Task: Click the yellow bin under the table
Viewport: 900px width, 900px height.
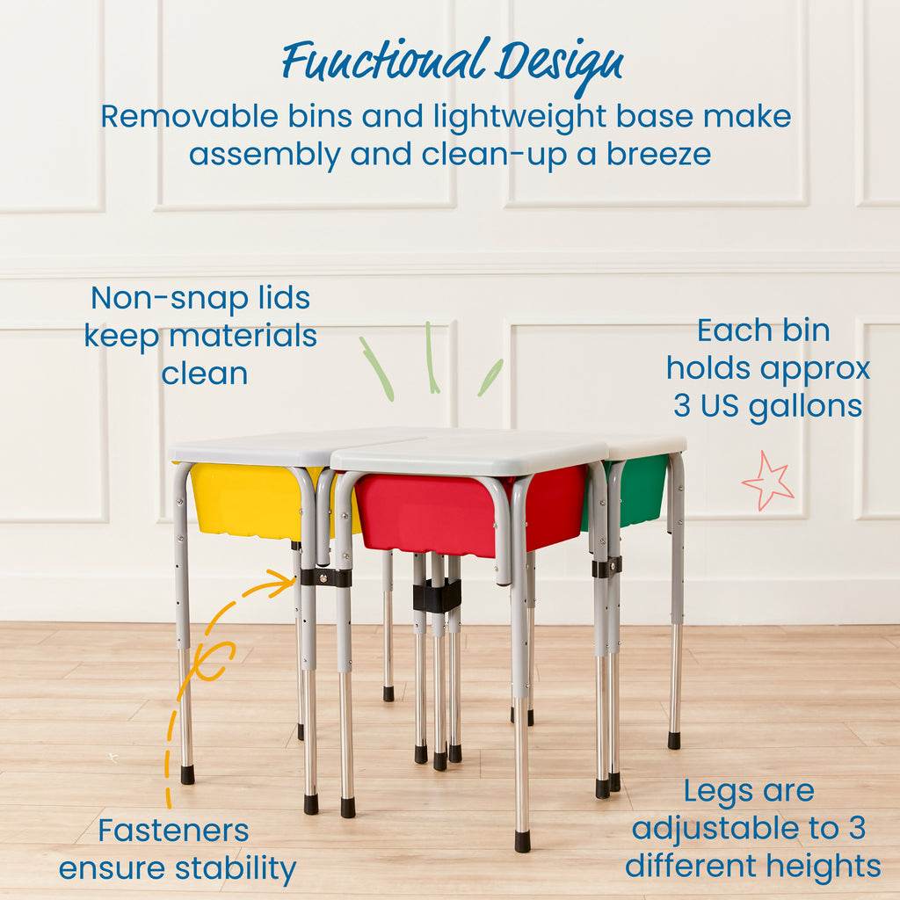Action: [246, 501]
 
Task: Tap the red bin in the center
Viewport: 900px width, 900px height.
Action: [431, 514]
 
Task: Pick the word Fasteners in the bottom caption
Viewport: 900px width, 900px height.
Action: [173, 830]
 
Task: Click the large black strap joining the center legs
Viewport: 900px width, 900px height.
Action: [437, 597]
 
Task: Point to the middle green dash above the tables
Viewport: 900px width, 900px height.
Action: [431, 358]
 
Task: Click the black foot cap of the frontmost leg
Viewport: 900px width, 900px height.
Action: [522, 841]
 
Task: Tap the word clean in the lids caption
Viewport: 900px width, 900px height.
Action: [205, 374]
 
